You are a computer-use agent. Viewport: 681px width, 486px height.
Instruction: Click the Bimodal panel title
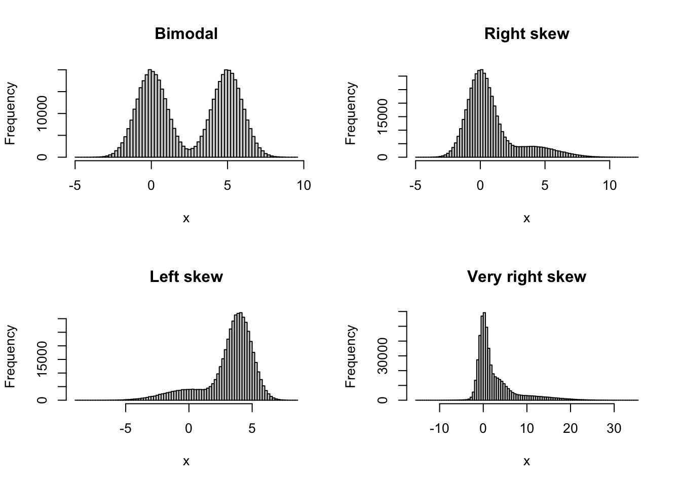pos(186,34)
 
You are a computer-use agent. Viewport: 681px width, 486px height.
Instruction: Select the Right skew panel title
pos(526,34)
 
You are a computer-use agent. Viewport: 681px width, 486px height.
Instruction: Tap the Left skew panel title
pos(186,277)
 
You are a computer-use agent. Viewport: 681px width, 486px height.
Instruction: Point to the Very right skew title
pos(526,277)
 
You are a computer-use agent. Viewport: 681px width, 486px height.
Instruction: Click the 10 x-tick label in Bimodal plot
pos(304,186)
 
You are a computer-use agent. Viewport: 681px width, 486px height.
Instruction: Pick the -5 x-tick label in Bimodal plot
pos(75,186)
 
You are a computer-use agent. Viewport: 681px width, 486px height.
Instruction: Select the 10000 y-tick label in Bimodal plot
pos(42,114)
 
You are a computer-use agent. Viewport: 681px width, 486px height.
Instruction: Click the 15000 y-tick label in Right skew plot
pos(383,116)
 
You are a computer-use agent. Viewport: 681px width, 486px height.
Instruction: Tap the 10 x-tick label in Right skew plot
pos(610,186)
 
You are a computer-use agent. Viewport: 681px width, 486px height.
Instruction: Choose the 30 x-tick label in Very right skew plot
pos(614,429)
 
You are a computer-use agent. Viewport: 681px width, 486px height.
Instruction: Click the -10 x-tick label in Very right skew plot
pos(439,429)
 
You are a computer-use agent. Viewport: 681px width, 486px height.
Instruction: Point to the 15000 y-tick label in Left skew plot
pos(42,359)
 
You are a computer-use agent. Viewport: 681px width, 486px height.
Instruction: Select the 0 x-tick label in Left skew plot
pos(189,429)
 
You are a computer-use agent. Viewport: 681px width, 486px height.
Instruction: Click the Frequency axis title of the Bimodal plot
pos(11,114)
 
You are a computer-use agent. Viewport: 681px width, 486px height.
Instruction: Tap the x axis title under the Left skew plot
pos(186,461)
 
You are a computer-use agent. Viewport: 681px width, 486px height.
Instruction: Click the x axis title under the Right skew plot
pos(526,218)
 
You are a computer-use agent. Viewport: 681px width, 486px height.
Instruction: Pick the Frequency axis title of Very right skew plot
pos(351,357)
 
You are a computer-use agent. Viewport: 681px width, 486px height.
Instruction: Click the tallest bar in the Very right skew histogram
pos(484,354)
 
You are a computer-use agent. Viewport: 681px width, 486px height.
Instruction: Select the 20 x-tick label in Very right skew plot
pos(571,429)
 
